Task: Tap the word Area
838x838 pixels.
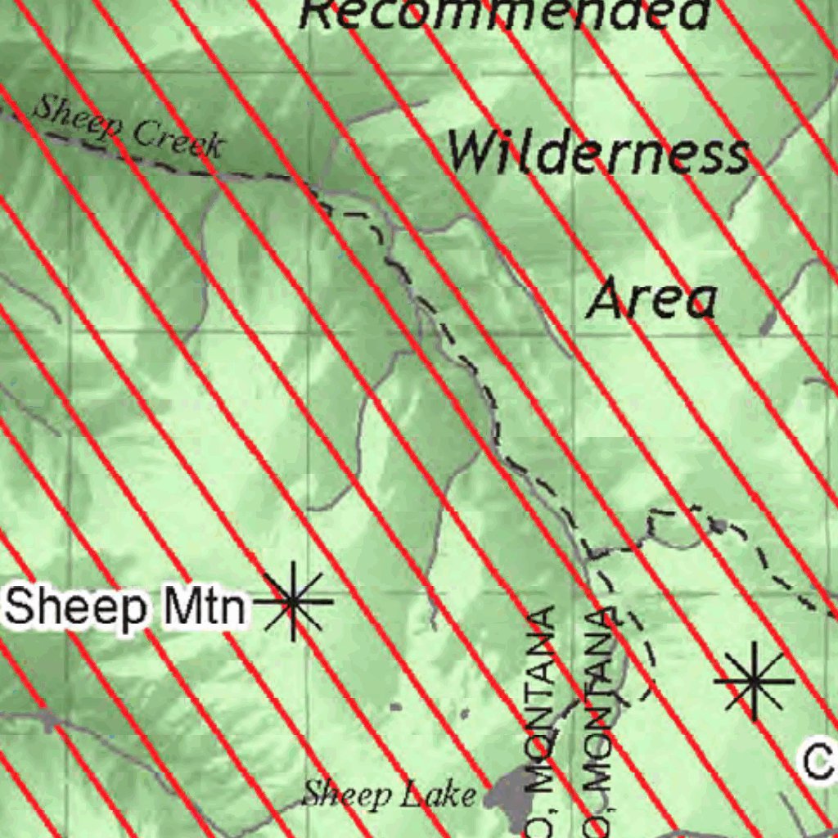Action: pyautogui.click(x=652, y=300)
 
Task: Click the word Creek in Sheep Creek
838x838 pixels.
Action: pyautogui.click(x=178, y=138)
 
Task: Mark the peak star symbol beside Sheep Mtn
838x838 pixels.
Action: pyautogui.click(x=292, y=601)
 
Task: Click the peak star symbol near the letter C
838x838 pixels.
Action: pyautogui.click(x=753, y=681)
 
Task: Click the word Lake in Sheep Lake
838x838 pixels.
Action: pyautogui.click(x=445, y=794)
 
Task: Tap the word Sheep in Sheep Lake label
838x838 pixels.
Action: pyautogui.click(x=336, y=793)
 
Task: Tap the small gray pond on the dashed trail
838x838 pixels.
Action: pyautogui.click(x=719, y=524)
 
